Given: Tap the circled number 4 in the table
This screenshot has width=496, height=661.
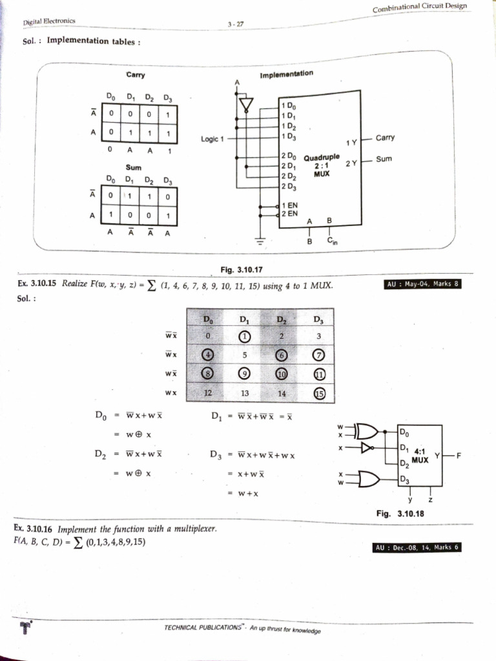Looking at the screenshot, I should pos(207,354).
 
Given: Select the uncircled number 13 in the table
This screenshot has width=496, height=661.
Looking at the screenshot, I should pos(243,392).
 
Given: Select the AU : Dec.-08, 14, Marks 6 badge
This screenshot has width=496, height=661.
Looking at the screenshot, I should pos(417,548).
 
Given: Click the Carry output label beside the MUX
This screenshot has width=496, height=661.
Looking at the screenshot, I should pos(385,137).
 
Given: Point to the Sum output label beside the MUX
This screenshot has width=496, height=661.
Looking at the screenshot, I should pos(384,158).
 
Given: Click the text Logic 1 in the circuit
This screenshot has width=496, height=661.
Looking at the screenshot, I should pos(212,138).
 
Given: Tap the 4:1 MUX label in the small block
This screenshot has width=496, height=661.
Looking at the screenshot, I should pos(420,456).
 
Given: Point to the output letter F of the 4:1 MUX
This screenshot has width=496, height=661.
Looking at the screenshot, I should pos(459,456).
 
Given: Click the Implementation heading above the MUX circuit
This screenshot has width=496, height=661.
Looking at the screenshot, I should pos(286,74).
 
